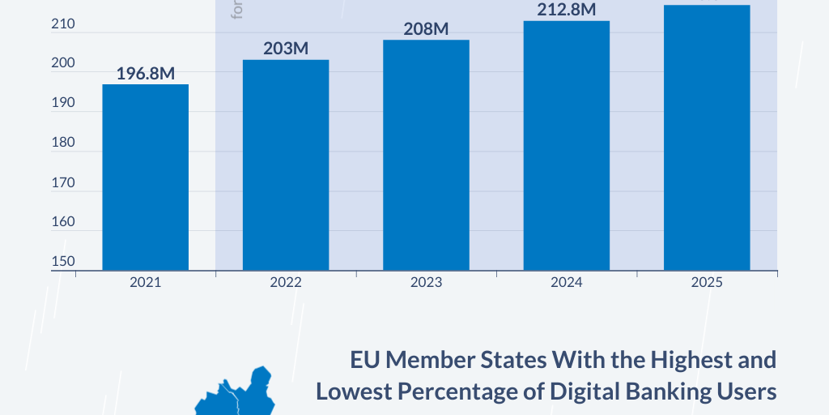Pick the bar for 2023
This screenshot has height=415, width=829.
click(426, 155)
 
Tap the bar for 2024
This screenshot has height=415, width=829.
click(566, 145)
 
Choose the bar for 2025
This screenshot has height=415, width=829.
click(707, 137)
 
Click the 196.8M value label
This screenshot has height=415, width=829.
click(146, 74)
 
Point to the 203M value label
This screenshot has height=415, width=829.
click(286, 49)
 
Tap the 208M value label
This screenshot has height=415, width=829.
click(426, 29)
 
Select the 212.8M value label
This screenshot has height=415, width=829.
click(567, 11)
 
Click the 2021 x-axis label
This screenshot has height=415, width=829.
click(146, 283)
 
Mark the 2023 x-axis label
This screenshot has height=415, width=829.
click(426, 283)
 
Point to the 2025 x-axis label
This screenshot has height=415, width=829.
click(707, 283)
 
